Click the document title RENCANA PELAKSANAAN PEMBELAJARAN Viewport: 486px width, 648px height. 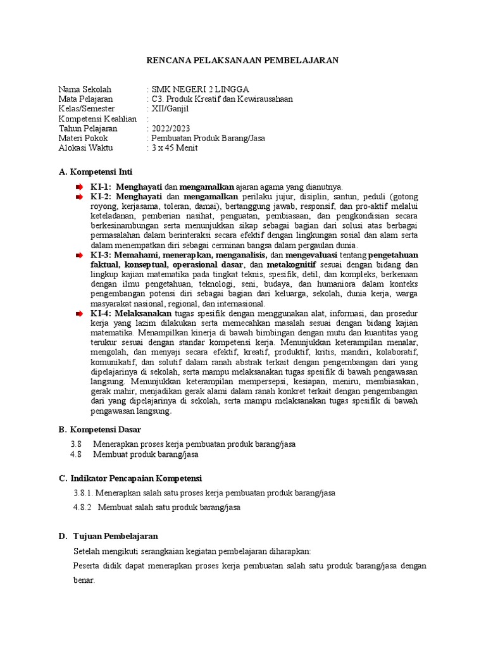coord(243,61)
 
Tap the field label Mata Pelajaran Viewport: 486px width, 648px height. coord(85,99)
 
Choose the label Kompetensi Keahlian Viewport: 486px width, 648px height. coord(97,119)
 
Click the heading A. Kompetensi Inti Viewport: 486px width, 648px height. coord(96,172)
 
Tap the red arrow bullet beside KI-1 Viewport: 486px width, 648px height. coord(79,187)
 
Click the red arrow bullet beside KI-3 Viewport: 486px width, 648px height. coord(79,255)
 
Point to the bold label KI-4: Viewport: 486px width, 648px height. coord(101,313)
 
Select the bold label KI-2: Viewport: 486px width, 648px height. coord(101,197)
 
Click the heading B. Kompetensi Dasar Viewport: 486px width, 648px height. coord(99,430)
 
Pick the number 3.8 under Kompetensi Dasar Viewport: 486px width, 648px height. coord(77,444)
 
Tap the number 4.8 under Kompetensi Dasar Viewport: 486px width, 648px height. coord(77,454)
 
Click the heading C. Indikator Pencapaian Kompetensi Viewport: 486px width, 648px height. coord(130,478)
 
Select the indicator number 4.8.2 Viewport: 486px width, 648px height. coord(83,508)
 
